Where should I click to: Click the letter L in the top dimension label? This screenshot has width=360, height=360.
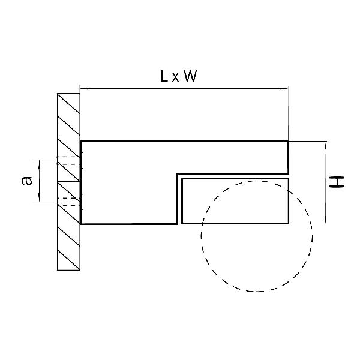[164, 76]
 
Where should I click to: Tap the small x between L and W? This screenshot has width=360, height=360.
[175, 78]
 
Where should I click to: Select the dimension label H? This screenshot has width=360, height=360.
[337, 182]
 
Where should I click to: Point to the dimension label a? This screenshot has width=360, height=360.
[26, 181]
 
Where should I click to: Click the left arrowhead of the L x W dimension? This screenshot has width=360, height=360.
[83, 88]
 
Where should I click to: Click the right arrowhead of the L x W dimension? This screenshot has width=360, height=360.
[284, 88]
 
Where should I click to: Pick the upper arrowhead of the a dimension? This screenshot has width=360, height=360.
[40, 163]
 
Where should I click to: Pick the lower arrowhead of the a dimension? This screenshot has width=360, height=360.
[40, 199]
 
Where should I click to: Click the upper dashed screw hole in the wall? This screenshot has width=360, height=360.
[68, 160]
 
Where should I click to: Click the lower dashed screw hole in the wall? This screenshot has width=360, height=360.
[68, 202]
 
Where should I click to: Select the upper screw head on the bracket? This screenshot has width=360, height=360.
[82, 160]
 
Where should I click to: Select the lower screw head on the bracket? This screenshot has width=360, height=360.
[82, 202]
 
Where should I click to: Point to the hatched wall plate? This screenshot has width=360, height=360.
[68, 182]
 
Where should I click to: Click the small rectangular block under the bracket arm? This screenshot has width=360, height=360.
[235, 200]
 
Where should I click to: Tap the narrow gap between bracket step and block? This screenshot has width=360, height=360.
[179, 199]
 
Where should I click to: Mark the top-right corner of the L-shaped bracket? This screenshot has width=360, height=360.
[289, 141]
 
